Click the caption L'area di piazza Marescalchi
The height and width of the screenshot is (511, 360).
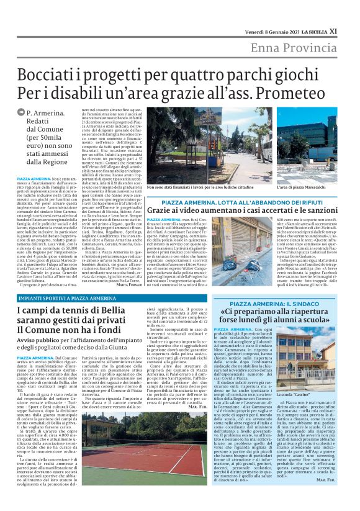[x=306, y=187]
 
